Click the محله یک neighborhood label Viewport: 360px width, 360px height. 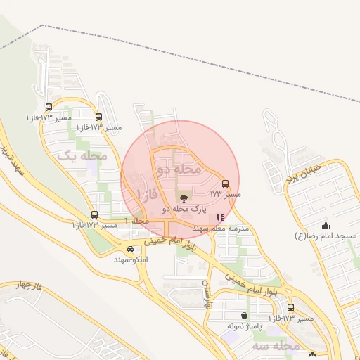83,155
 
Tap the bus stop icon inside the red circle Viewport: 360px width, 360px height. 225,184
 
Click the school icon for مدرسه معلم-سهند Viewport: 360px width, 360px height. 220,218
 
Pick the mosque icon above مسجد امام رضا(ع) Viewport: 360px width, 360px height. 326,226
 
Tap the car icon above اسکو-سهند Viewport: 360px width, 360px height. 130,249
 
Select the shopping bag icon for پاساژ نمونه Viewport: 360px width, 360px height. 244,315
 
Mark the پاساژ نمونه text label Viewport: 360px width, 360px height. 244,326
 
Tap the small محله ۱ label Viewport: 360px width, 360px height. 136,221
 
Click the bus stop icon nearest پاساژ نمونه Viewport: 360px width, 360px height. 290,308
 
